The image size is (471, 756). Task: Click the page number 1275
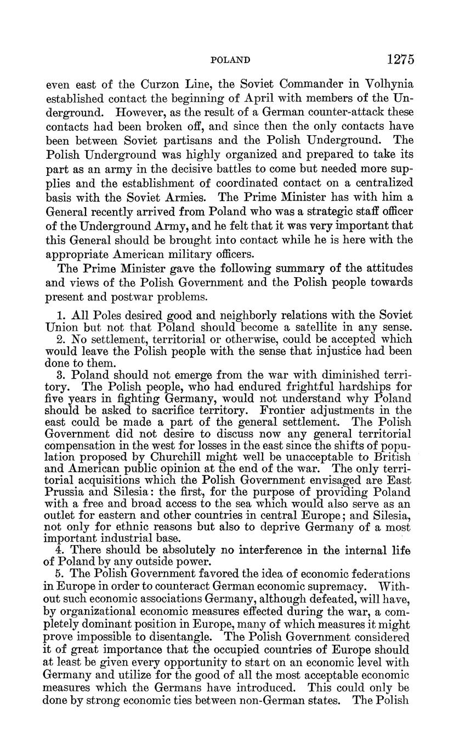(x=400, y=59)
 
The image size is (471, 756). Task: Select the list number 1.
(x=61, y=316)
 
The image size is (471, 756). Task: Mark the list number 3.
(x=61, y=375)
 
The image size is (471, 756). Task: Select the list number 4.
(x=61, y=550)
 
